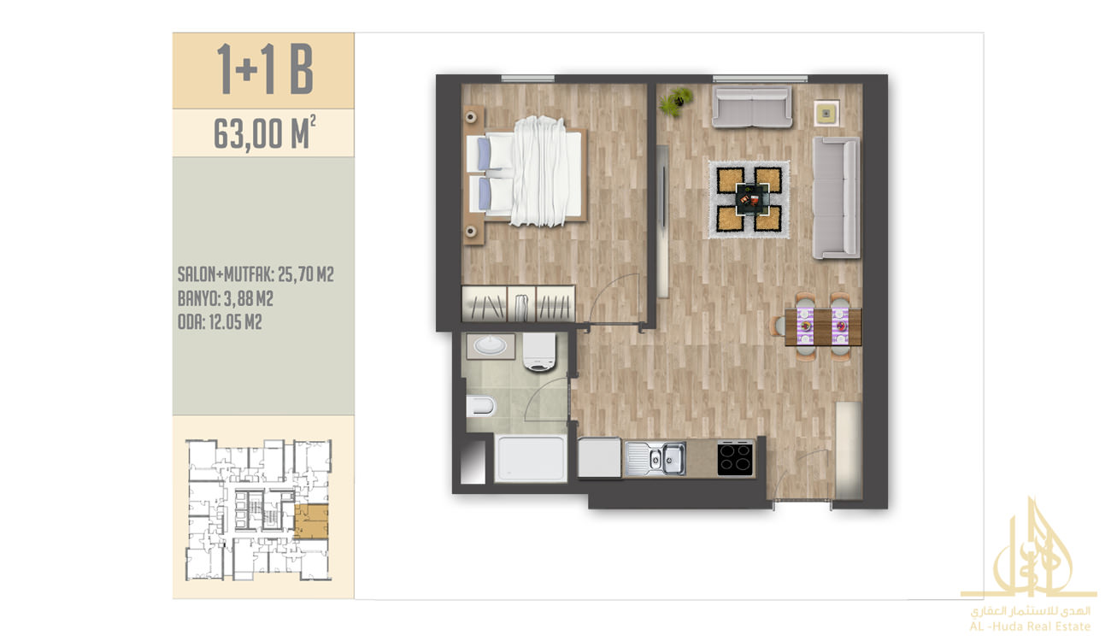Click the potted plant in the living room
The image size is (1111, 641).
(675, 102)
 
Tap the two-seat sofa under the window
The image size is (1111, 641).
(752, 107)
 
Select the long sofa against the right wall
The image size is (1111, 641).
(836, 197)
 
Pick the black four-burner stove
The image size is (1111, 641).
(736, 458)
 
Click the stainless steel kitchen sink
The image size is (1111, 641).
(655, 458)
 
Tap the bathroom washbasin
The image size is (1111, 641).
(491, 345)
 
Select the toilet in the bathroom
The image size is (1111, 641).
(480, 406)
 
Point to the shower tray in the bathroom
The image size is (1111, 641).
(531, 458)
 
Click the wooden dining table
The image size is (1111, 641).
(823, 326)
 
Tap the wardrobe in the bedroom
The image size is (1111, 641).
(518, 303)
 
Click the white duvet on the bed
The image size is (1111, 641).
(539, 172)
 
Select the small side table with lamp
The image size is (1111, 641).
(826, 114)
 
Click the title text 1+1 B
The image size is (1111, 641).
(265, 69)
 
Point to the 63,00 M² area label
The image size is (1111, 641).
(264, 132)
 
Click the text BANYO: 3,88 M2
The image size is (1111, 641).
(225, 298)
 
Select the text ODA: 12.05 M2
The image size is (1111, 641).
(220, 322)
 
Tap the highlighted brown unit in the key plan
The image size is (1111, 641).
(311, 521)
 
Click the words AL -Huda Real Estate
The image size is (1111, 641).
(1030, 626)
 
